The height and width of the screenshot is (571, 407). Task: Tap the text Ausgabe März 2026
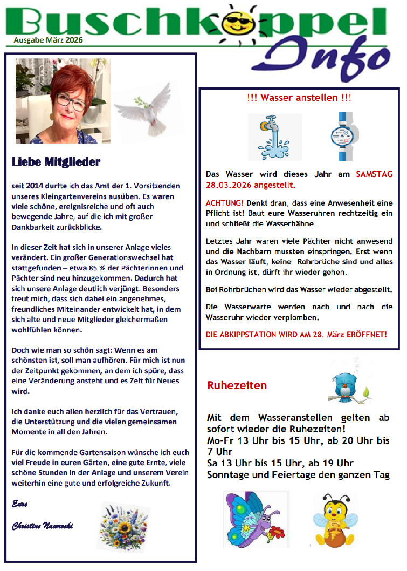pyautogui.click(x=49, y=39)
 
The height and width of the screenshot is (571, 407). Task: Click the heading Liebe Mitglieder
pyautogui.click(x=56, y=161)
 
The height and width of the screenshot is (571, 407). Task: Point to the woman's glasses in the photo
pyautogui.click(x=72, y=100)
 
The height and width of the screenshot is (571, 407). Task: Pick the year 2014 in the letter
pyautogui.click(x=33, y=185)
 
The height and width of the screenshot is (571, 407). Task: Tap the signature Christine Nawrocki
pyautogui.click(x=43, y=526)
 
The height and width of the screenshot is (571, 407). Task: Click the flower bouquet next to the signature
pyautogui.click(x=125, y=525)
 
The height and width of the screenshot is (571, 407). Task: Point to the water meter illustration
pyautogui.click(x=342, y=137)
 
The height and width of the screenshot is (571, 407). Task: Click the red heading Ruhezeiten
pyautogui.click(x=237, y=385)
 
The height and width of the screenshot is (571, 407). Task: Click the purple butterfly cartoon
pyautogui.click(x=252, y=518)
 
